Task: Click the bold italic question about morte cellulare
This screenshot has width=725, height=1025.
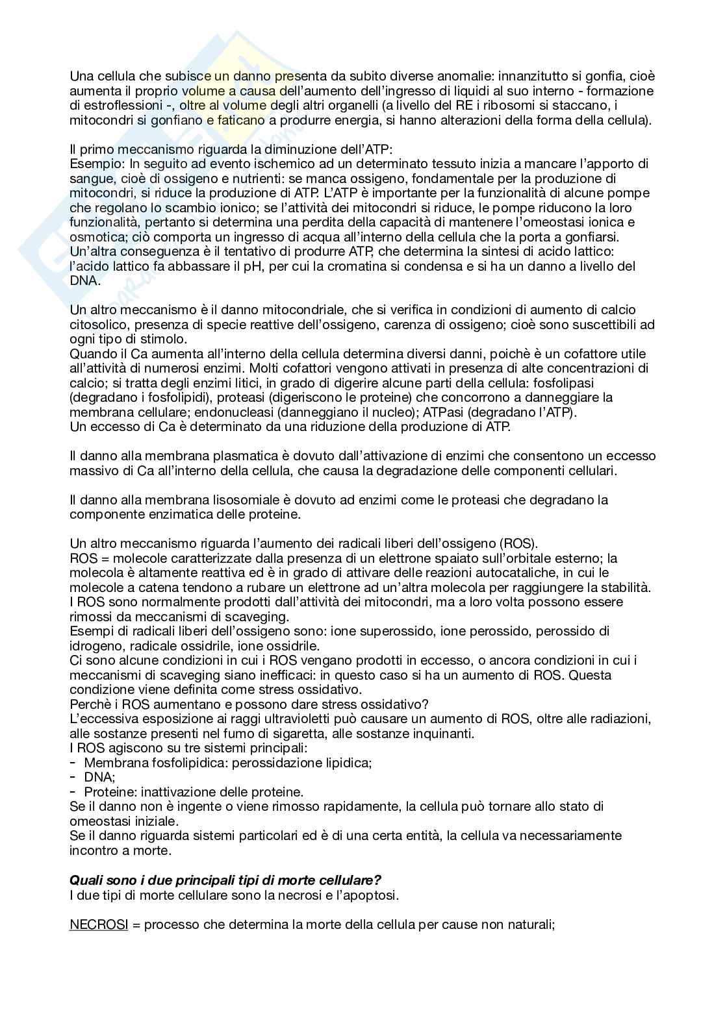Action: pos(225,881)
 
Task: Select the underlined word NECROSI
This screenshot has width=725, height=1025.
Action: pos(98,924)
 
